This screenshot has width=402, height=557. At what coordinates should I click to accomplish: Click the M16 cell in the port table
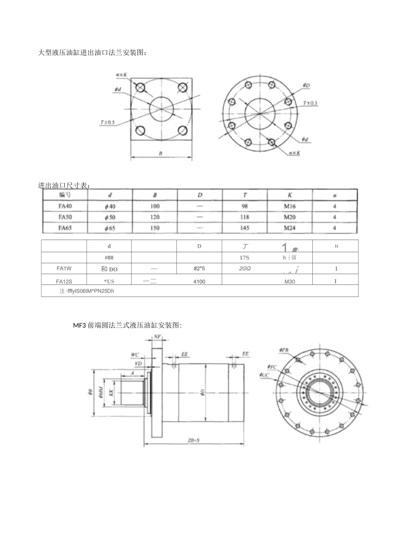point(290,206)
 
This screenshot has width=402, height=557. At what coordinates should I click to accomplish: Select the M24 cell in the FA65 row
point(290,228)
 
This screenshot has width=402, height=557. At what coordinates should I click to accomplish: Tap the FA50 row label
point(65,217)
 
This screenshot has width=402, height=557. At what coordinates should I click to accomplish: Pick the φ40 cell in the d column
point(110,206)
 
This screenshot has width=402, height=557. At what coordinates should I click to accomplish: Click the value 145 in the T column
point(245,228)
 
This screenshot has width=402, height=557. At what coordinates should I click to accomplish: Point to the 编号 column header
point(65,195)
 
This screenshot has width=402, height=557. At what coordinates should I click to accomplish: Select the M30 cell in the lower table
point(290,281)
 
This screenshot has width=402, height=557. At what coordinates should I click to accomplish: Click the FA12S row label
point(64,281)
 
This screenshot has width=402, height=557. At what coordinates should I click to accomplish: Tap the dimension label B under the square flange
point(160,154)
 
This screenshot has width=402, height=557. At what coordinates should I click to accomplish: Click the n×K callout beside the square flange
point(122,75)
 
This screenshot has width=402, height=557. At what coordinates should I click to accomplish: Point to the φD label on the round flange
point(306,85)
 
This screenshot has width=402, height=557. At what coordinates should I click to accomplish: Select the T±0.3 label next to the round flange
point(310,103)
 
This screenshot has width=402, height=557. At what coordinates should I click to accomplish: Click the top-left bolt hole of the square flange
point(140,87)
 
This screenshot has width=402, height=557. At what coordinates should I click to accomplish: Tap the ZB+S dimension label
point(194,440)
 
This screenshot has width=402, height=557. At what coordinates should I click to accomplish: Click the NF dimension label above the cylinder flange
point(157,337)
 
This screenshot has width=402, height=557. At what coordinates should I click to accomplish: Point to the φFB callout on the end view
point(284,350)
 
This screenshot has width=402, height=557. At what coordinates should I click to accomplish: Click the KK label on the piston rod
point(111,392)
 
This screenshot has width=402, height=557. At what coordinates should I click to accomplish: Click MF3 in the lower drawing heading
point(79,325)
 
